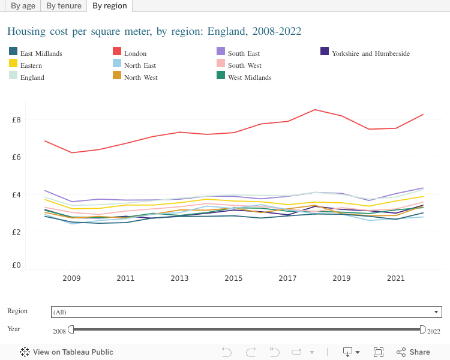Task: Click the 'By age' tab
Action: [23, 6]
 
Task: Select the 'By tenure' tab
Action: [64, 6]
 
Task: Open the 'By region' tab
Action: [109, 6]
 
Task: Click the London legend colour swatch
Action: [117, 53]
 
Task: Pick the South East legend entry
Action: [244, 53]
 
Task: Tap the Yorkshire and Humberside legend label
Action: [370, 53]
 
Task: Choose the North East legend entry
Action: [140, 65]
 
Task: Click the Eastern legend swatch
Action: [13, 65]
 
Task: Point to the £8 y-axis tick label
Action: [16, 120]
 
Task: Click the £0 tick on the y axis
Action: [16, 265]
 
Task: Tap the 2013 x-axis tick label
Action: [179, 279]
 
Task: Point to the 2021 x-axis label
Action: [395, 279]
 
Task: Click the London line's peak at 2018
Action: [315, 110]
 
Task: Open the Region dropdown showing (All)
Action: [247, 312]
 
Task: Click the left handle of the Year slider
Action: [71, 329]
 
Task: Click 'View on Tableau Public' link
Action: [67, 352]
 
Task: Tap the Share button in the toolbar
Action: [413, 352]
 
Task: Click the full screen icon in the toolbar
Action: [379, 352]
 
